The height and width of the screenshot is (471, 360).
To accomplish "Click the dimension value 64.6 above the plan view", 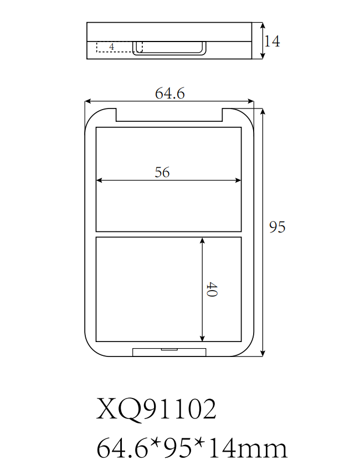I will click(x=169, y=94).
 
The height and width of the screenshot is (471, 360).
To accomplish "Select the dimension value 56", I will click(x=162, y=172).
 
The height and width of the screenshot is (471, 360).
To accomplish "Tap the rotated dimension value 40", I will click(x=211, y=289).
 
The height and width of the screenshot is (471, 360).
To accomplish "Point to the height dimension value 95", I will click(x=277, y=227).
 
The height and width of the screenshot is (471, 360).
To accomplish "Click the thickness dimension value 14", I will click(x=272, y=41).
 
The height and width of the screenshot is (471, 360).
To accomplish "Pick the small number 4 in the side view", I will click(x=112, y=47).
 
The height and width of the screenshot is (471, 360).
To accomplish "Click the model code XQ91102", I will click(x=156, y=410).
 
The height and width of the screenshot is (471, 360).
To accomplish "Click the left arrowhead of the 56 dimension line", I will click(x=99, y=180).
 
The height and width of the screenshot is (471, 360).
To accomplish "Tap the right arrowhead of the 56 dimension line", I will click(x=239, y=180).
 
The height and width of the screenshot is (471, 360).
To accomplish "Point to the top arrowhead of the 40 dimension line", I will click(x=203, y=240).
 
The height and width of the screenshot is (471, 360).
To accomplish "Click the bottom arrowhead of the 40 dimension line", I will click(x=203, y=338).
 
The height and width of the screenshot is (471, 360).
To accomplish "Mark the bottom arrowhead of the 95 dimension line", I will click(x=263, y=354).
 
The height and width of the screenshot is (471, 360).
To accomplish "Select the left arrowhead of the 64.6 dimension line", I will click(x=87, y=101).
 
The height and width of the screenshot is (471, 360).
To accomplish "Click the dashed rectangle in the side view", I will click(x=119, y=46).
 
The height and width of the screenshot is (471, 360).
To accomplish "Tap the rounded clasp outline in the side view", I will click(x=169, y=48).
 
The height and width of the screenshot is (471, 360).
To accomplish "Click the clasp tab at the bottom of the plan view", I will click(x=169, y=351).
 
